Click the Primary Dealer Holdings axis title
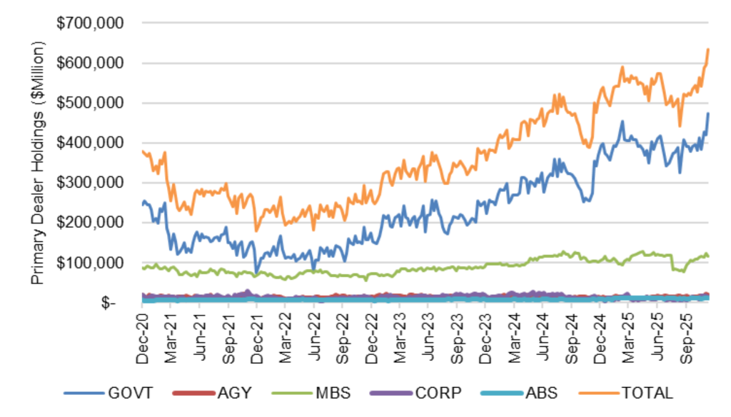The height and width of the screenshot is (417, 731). tap(38, 163)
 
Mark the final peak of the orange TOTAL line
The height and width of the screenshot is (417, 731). tap(707, 49)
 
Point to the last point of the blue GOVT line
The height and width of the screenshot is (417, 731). tap(708, 114)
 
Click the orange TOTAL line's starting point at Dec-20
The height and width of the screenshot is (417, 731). tap(143, 151)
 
